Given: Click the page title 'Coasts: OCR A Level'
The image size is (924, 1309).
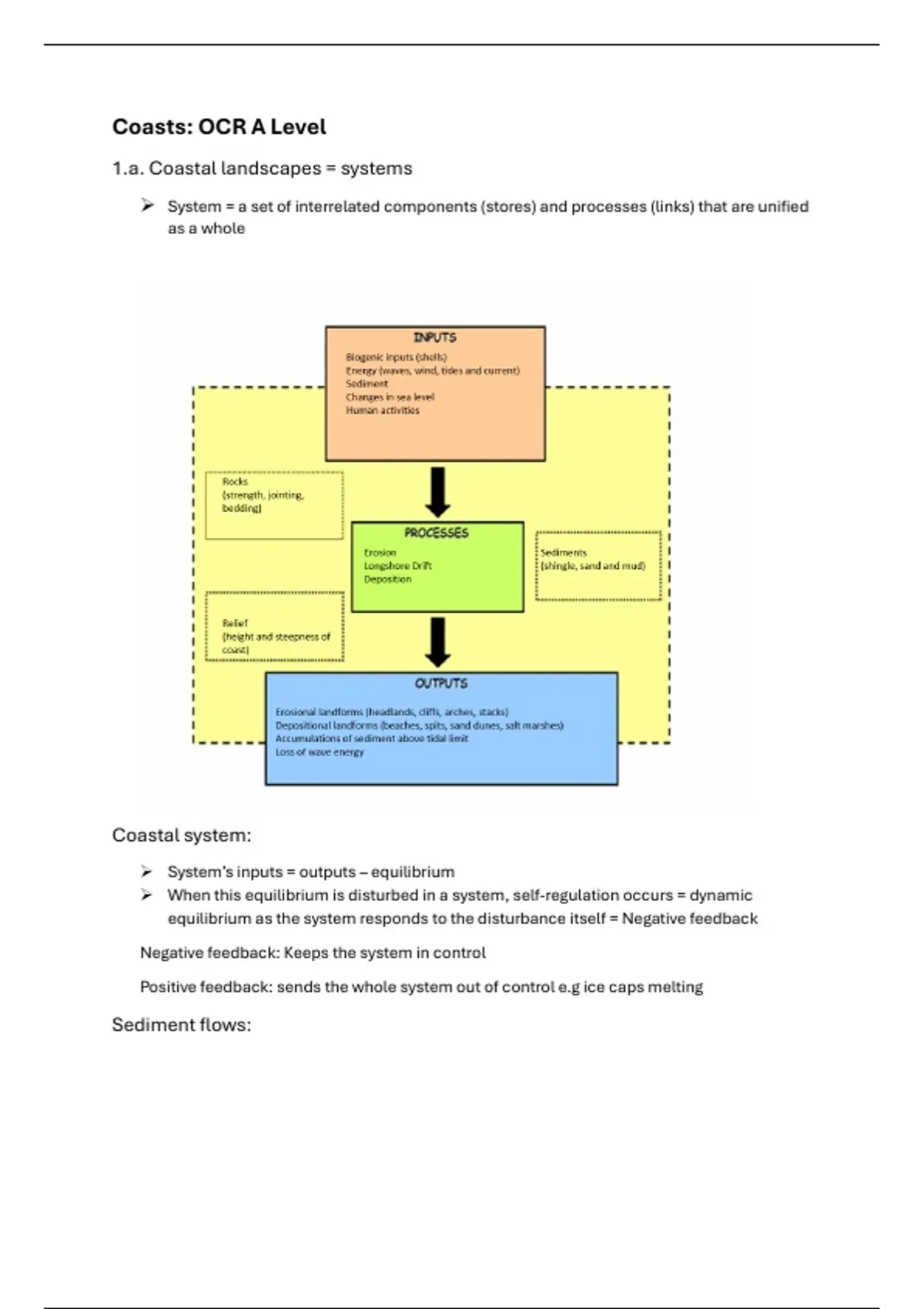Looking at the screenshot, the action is coord(219,127).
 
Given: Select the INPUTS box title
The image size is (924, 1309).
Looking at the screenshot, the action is coord(435,338).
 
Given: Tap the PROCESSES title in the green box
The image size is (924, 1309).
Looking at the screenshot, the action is coord(436,533).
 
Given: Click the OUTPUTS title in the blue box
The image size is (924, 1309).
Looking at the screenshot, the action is coord(441,683).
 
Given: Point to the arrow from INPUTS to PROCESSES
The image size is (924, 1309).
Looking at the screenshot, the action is coord(437,492).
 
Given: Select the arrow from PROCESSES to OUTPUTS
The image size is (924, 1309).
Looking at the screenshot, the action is coord(437,642).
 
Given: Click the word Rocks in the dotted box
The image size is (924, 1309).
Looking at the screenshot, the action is coord(235,481).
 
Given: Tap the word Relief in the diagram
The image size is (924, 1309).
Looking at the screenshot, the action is coord(235,623).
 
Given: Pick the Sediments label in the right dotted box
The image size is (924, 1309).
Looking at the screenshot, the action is coord(564,552).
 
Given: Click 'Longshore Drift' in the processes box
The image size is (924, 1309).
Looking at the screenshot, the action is coord(397,566).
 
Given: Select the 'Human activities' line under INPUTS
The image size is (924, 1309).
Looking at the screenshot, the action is coord(382,410).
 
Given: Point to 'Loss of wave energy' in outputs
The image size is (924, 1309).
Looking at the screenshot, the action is coord(320,752).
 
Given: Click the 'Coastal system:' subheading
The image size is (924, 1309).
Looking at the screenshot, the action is coord(182,835).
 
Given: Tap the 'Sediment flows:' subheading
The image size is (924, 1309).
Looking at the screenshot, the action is coord(182,1024).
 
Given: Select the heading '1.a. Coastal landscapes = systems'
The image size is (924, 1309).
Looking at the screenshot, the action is coord(263,169).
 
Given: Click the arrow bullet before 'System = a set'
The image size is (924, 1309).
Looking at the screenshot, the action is coord(147,205).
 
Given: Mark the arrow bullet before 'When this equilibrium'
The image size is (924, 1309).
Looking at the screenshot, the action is coord(147,895).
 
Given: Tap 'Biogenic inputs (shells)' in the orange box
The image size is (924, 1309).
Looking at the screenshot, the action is coord(397,357).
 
